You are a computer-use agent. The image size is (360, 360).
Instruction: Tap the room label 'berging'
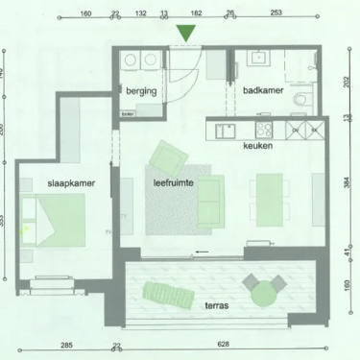click(141, 91)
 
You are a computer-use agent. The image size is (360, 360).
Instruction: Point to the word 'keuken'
click(259, 146)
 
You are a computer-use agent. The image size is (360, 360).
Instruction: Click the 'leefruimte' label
click(174, 180)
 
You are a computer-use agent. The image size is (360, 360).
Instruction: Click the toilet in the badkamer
click(301, 100)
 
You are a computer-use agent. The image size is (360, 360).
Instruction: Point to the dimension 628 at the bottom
click(225, 344)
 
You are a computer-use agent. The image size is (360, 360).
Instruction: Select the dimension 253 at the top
click(276, 13)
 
